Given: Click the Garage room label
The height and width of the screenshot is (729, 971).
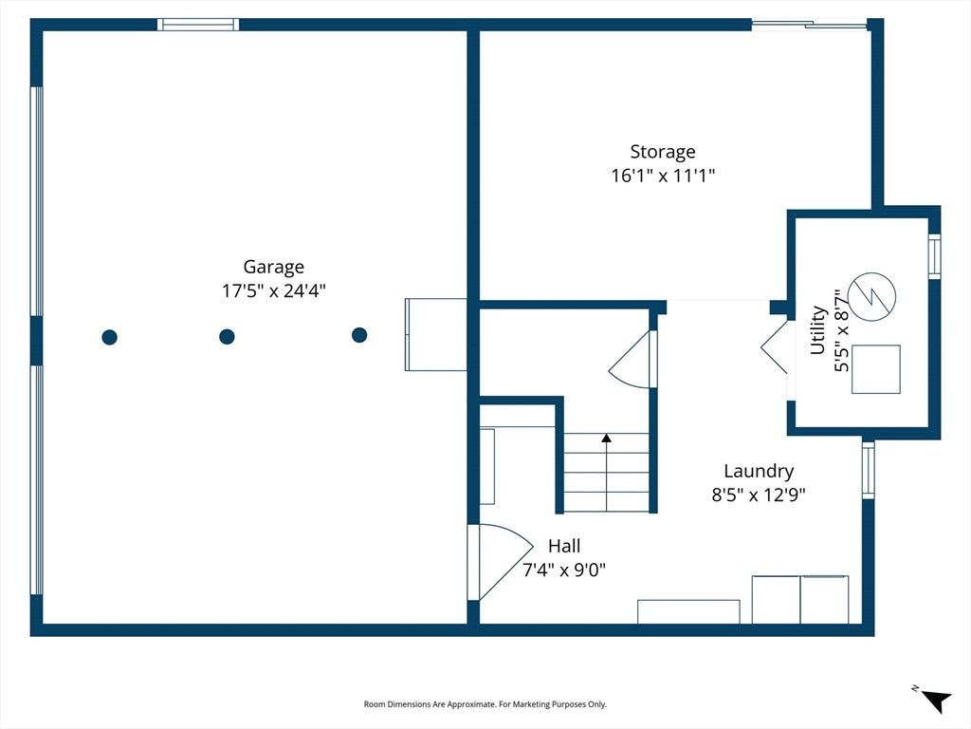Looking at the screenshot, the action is coord(273,267).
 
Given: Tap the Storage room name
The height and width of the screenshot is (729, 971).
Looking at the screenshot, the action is coord(663,152).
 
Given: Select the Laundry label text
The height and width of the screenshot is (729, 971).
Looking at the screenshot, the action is coord(759,471).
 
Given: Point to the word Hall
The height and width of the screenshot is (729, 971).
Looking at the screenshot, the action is coord(564,546).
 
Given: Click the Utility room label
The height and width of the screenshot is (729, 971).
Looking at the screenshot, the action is coord(818,329).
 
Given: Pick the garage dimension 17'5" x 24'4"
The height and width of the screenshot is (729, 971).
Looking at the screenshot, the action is coord(274,290).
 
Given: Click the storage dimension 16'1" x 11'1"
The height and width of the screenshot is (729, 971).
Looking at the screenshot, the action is coord(663,176).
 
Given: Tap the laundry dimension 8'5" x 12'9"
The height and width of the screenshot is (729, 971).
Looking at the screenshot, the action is coord(759,495).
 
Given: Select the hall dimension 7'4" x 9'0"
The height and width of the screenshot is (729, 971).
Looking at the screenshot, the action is coord(564,570).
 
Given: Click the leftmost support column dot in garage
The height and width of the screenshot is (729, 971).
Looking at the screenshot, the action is coord(110,337).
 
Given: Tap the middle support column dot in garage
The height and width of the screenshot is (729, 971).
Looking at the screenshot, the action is coord(227,337).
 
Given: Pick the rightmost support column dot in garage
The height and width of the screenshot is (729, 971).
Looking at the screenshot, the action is coord(359,335).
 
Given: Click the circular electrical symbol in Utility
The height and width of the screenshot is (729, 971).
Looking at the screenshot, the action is coord(872,296).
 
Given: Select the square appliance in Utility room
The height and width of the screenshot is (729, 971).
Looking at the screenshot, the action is coord(875,369).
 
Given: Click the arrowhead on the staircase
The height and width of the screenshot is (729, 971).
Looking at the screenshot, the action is coord(606,438).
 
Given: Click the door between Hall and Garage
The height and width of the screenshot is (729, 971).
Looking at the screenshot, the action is coord(501,562).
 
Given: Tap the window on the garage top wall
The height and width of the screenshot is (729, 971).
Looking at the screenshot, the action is coord(197,25).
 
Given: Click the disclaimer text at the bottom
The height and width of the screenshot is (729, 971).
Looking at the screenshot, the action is coord(485,704).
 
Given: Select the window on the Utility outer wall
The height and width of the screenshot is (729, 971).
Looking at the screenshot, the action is coord(934,256).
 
